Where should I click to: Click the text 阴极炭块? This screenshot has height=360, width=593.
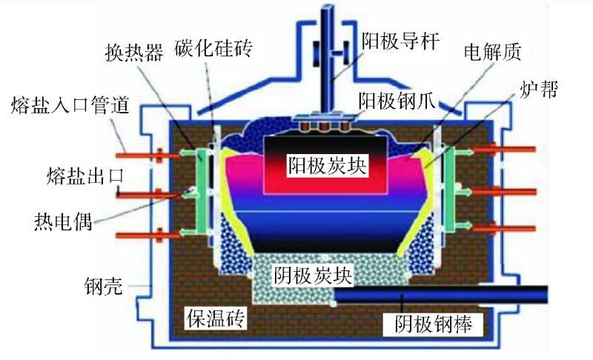[x=312, y=276]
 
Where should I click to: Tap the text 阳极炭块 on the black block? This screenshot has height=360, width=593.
[x=327, y=164]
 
